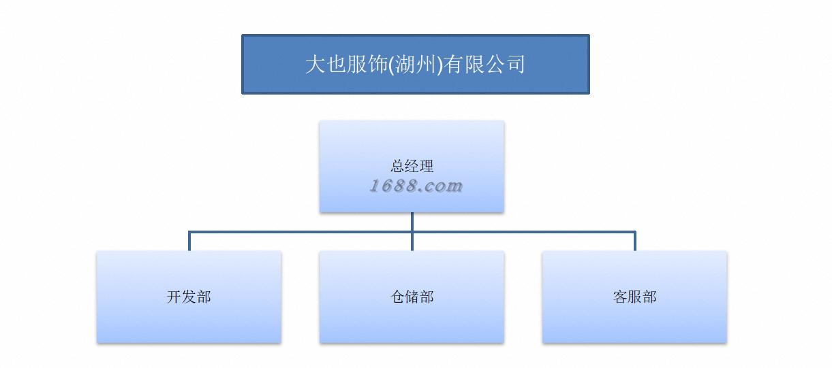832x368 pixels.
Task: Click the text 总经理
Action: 412,166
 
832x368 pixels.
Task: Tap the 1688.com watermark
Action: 416,186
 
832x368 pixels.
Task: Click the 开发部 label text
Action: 189,297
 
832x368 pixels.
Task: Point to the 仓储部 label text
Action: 412,297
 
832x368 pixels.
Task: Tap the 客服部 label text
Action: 634,297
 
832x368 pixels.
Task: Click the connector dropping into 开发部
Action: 189,241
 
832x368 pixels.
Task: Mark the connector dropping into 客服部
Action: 635,241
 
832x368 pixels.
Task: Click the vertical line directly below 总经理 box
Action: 412,222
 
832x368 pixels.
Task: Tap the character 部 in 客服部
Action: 649,297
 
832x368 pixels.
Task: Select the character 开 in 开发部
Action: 174,297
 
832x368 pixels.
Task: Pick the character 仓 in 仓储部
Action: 397,297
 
